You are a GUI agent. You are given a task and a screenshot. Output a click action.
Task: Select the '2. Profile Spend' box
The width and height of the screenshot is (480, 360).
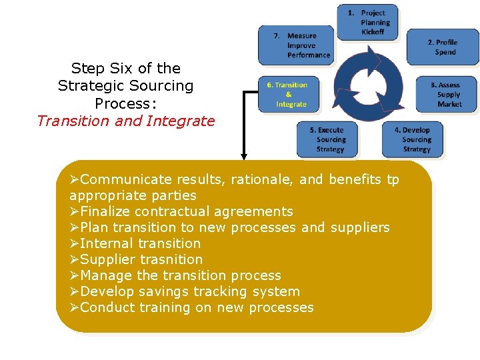click(x=442, y=47)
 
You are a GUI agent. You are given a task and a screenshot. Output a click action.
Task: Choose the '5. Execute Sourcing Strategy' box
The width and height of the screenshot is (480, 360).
click(x=329, y=139)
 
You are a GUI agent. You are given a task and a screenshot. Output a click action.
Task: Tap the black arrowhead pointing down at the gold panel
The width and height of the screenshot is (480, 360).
click(x=244, y=157)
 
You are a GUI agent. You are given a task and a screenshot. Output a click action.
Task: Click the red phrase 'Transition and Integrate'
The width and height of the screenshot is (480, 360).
click(x=126, y=121)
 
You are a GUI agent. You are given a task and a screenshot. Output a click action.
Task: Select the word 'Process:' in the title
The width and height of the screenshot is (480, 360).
click(x=125, y=103)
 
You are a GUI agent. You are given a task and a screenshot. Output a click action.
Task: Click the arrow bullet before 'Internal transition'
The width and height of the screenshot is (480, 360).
click(x=74, y=243)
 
